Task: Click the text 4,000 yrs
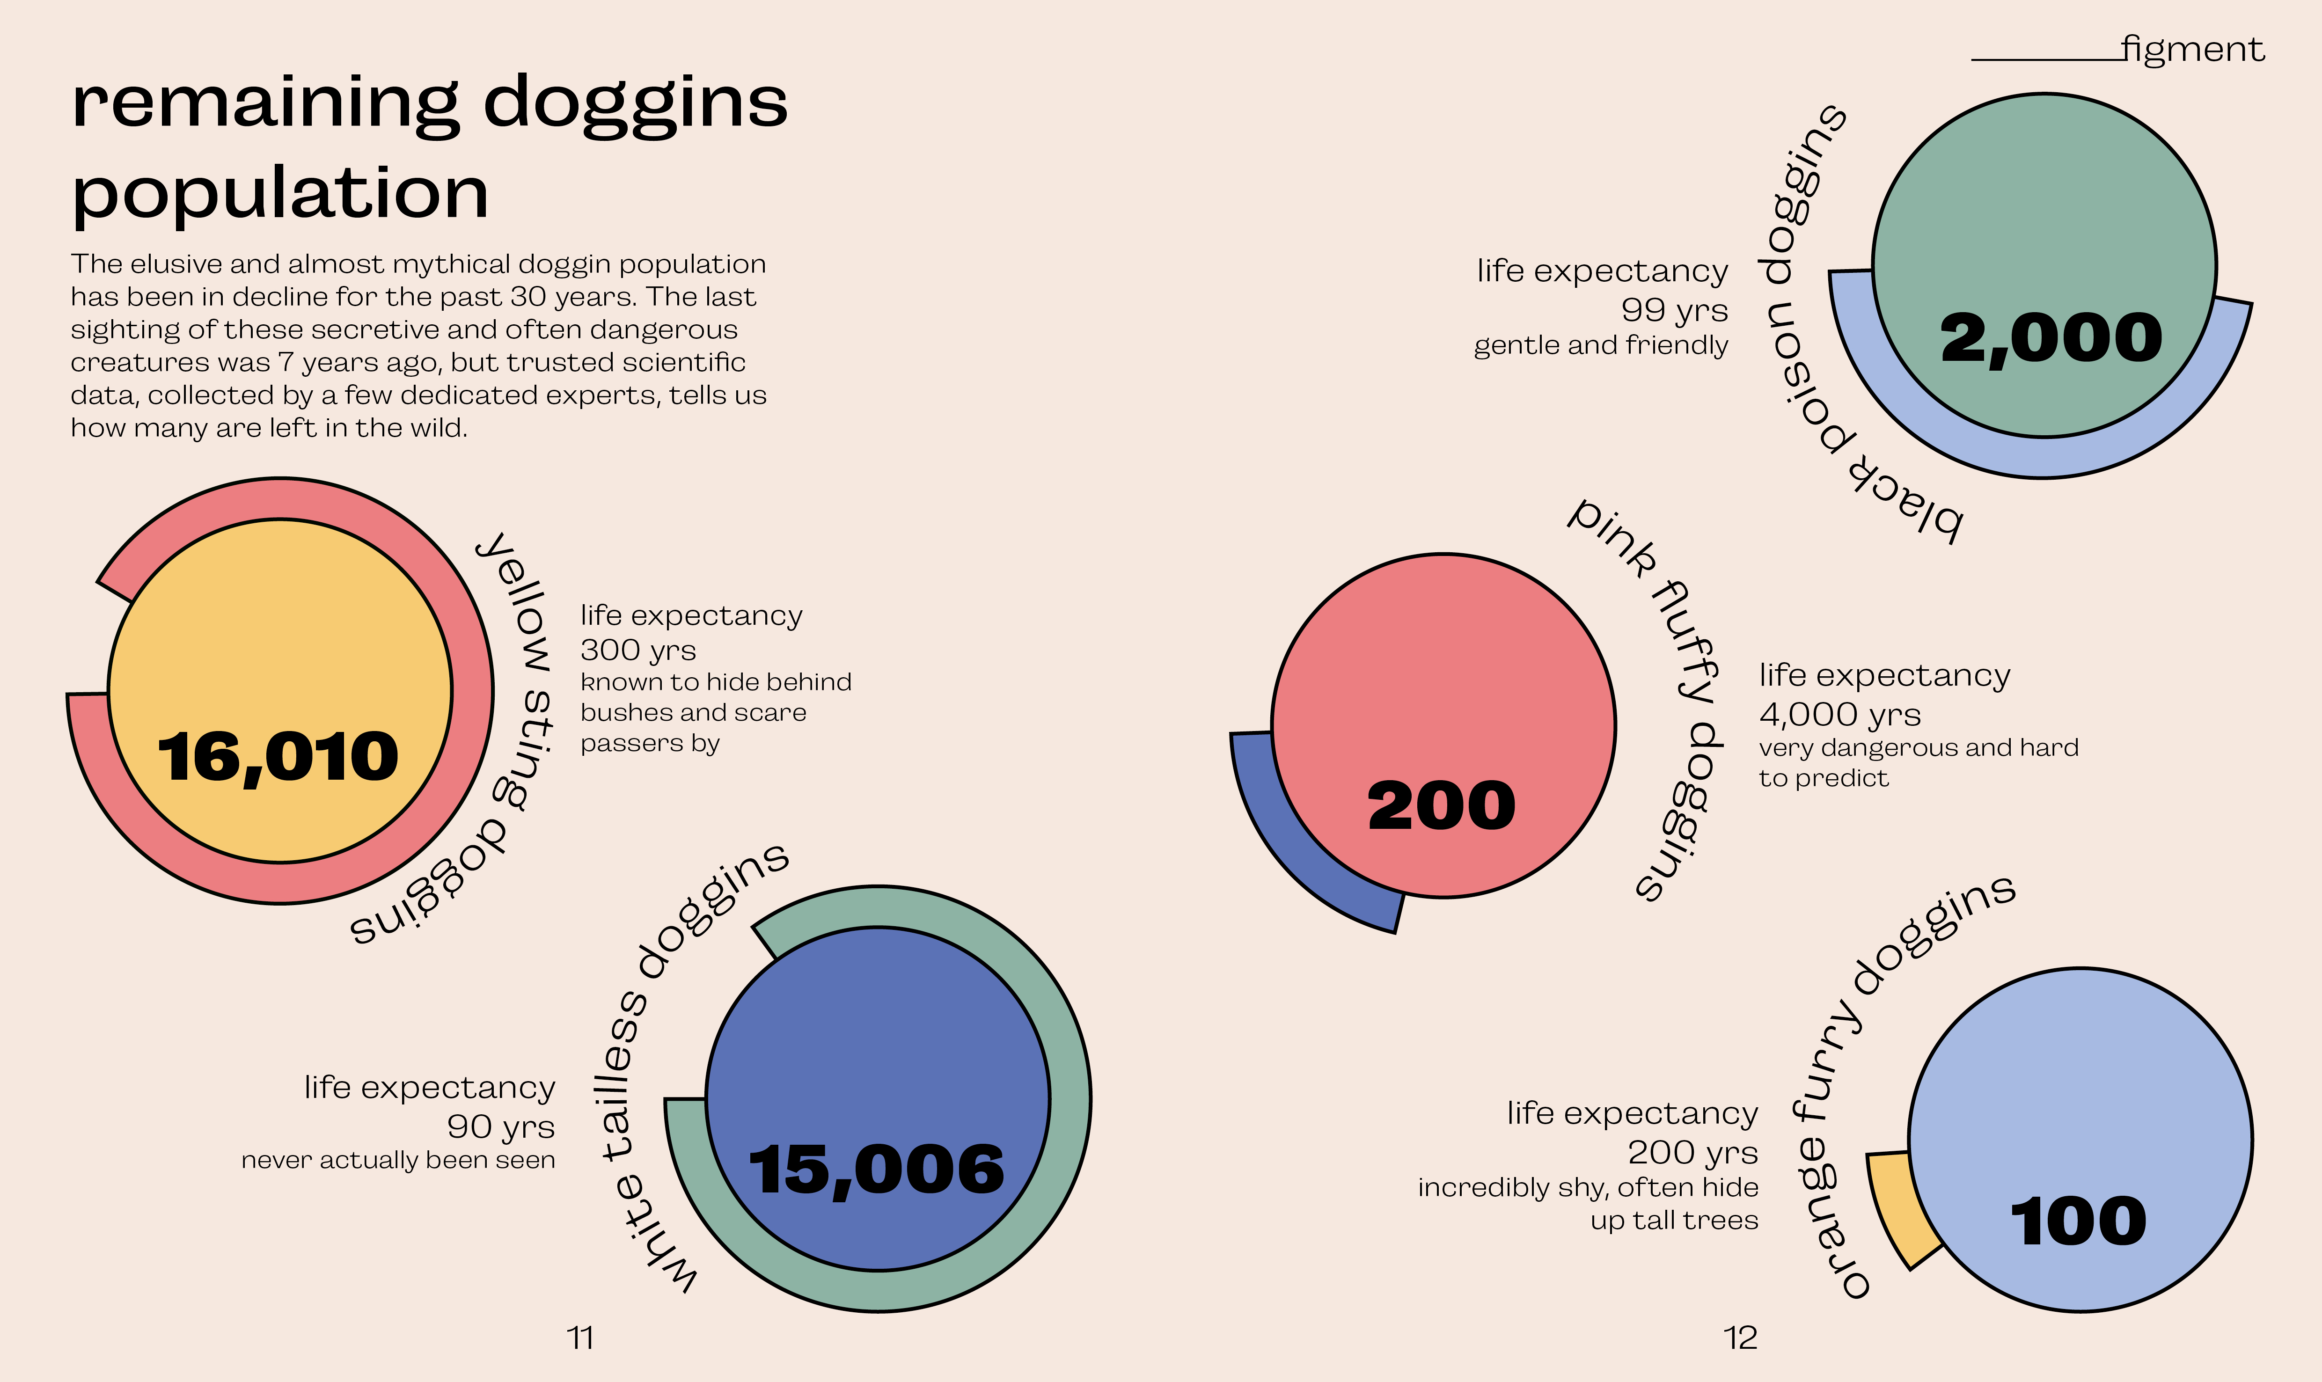click(x=1839, y=714)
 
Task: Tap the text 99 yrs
click(x=1674, y=309)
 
